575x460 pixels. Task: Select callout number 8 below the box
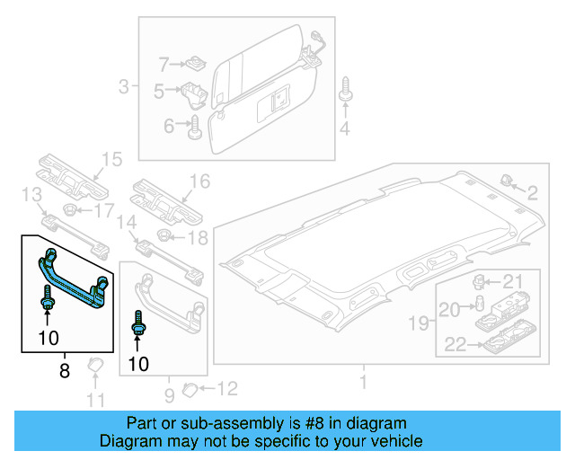tap(64, 370)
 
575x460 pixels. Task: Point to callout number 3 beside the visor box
tap(124, 87)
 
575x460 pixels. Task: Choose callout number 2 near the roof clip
tap(531, 192)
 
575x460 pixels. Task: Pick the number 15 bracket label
tap(110, 160)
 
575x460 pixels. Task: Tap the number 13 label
tap(31, 195)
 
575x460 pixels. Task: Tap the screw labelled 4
tap(345, 93)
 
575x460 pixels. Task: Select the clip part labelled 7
tap(192, 64)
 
